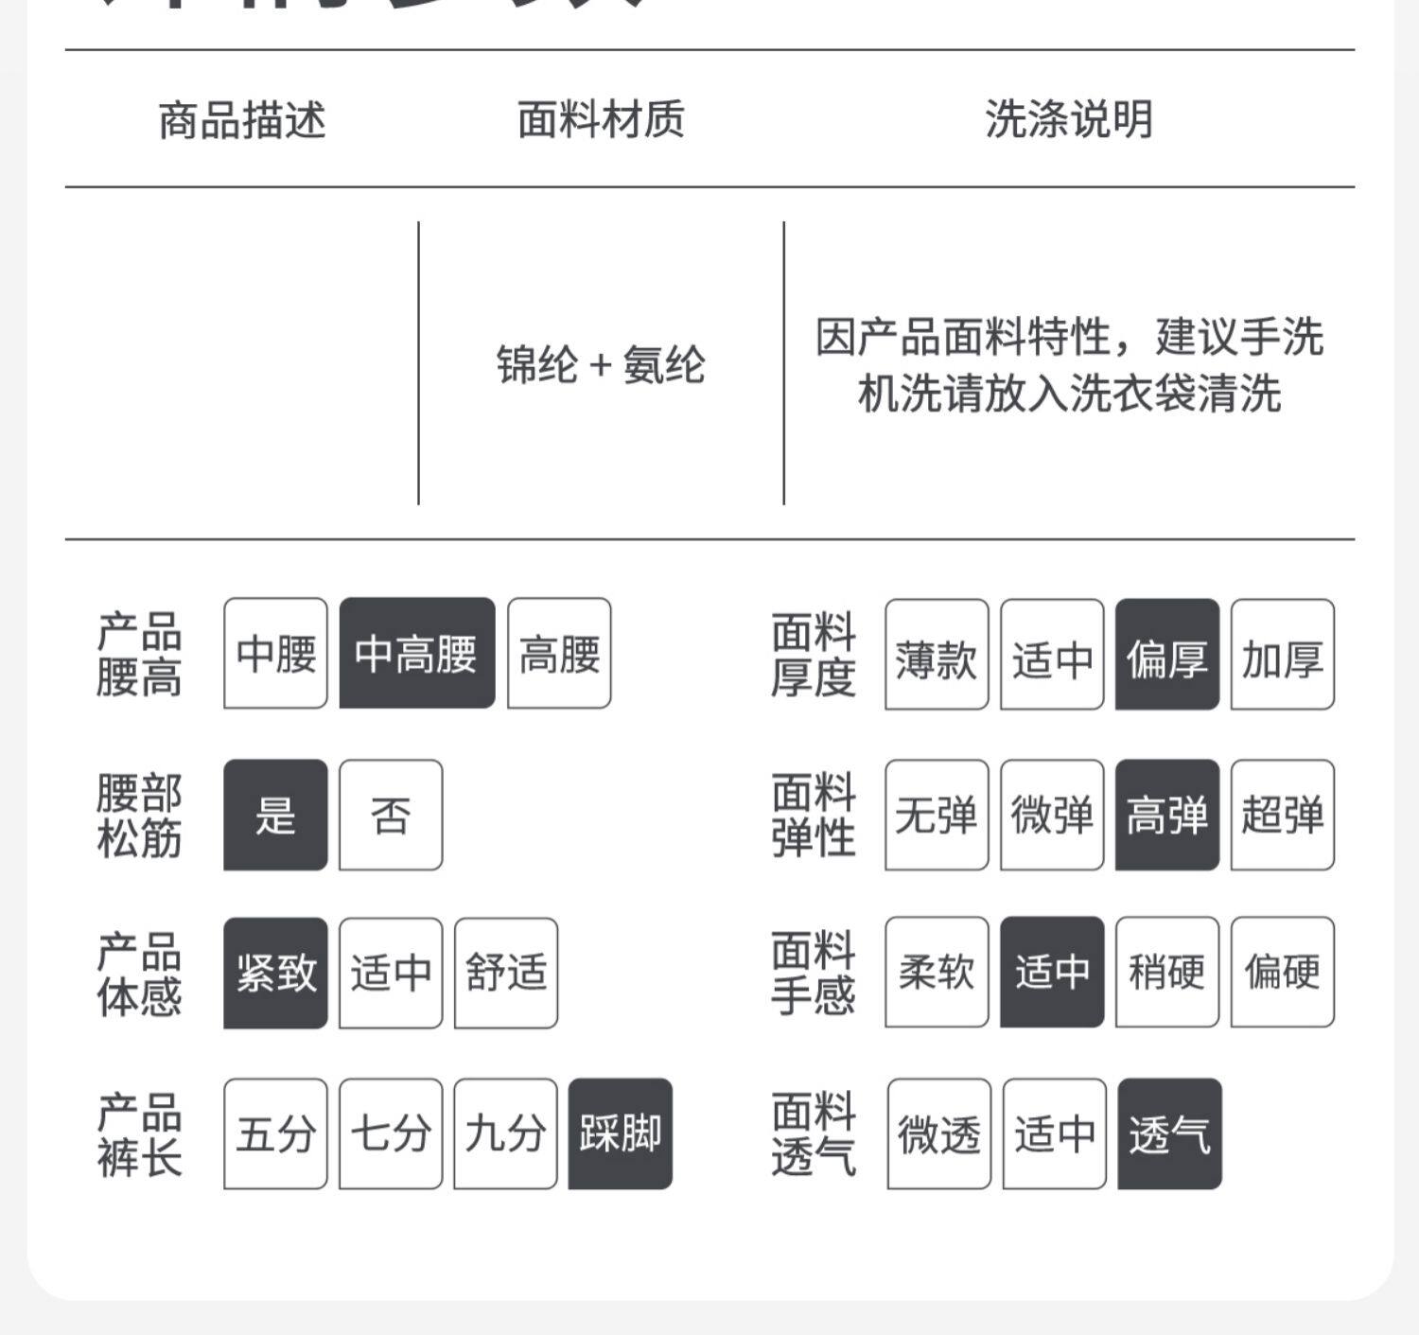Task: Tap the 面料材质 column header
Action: [x=601, y=120]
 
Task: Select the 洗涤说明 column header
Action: [x=1069, y=120]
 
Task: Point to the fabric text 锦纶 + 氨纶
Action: [x=601, y=365]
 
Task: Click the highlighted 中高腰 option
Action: [x=416, y=654]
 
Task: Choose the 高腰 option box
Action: [x=559, y=654]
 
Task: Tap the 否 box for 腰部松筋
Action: [x=391, y=815]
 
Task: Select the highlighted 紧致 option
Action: [x=275, y=973]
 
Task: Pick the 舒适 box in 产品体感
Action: [x=506, y=973]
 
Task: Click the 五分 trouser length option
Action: [x=275, y=1133]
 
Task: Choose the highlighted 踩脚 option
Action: [x=621, y=1133]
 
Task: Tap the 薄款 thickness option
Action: [x=937, y=655]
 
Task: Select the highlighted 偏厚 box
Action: [x=1167, y=655]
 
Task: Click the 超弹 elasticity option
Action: [x=1283, y=815]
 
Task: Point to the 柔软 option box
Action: [x=937, y=972]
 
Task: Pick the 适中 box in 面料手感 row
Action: [x=1052, y=972]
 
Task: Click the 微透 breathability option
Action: [x=939, y=1133]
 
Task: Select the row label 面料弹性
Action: [x=814, y=815]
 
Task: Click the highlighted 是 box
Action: [x=275, y=815]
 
